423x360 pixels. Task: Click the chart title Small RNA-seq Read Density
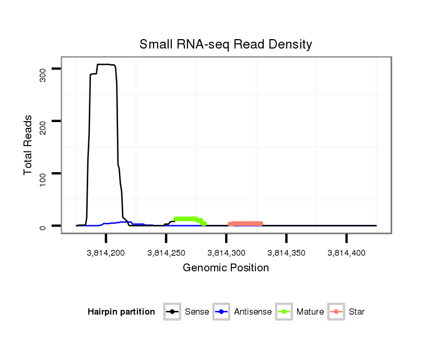click(x=226, y=44)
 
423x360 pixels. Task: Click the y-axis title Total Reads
click(x=28, y=145)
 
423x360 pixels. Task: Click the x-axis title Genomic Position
click(x=226, y=268)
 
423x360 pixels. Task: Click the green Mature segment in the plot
click(x=186, y=219)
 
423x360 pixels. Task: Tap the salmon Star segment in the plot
click(x=245, y=224)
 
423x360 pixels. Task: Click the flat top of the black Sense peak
click(x=104, y=64)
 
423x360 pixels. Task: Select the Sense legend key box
click(x=172, y=312)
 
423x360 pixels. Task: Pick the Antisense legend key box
click(x=222, y=312)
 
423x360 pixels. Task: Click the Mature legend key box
click(x=284, y=312)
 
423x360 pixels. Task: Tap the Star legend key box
click(x=337, y=312)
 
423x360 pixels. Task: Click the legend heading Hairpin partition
click(x=121, y=312)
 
